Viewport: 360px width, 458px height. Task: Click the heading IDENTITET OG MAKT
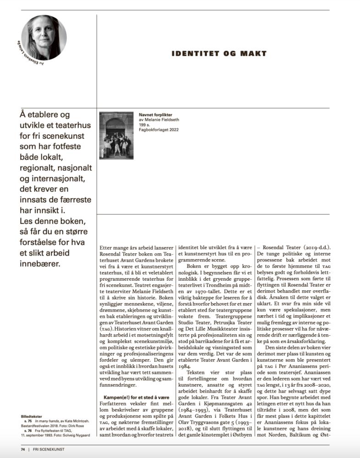click(219, 54)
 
